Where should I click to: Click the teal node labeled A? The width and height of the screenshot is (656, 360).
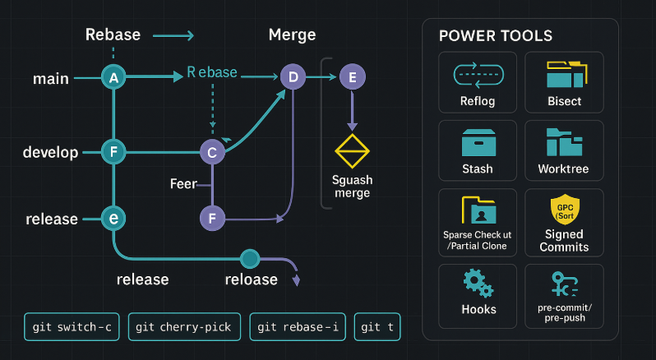(x=113, y=78)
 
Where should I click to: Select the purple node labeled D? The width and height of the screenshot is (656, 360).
(x=292, y=78)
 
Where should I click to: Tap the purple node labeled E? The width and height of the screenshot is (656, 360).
(x=353, y=78)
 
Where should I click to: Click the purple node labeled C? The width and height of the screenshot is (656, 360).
(x=212, y=152)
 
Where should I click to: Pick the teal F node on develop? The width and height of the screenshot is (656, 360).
(x=113, y=152)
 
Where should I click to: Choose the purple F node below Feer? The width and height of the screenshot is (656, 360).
(x=212, y=219)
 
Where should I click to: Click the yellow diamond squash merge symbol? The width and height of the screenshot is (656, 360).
(x=353, y=153)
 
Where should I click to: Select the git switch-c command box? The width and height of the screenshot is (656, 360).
(x=72, y=327)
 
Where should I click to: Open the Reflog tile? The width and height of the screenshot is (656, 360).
(x=478, y=82)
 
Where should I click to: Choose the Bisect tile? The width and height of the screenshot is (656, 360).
(x=563, y=82)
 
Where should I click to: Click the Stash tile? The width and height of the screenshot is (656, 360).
(x=478, y=150)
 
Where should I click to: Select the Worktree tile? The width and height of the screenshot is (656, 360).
(x=563, y=150)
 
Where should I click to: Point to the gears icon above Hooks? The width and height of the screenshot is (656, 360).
(x=478, y=284)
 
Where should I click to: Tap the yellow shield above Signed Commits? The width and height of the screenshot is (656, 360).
(x=563, y=210)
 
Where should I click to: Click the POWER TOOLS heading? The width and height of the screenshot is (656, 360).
(x=496, y=36)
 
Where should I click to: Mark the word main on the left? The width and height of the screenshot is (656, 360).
(x=50, y=79)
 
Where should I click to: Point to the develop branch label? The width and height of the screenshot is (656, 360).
(x=50, y=153)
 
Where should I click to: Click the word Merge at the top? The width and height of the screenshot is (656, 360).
(x=292, y=35)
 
